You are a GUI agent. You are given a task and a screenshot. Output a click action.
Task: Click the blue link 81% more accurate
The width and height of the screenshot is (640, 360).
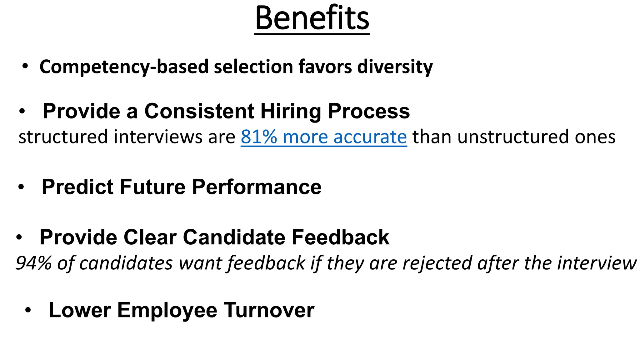tap(324, 137)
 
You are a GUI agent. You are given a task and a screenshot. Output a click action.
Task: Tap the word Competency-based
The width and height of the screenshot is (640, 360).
tap(124, 67)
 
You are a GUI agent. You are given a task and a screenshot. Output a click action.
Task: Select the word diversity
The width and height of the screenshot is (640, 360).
tap(395, 67)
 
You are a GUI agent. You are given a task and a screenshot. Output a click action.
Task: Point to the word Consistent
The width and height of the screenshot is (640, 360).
tap(199, 111)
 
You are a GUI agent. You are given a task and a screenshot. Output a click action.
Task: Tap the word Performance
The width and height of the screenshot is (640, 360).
tap(257, 187)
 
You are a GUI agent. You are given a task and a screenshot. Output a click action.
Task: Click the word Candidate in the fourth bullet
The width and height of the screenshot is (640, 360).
tap(234, 237)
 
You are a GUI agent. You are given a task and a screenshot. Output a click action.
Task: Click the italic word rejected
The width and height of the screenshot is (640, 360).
tap(437, 263)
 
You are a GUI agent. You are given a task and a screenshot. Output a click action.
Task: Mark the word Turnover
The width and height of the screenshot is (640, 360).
tap(269, 310)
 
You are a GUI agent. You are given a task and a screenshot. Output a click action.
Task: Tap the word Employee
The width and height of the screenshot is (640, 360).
tap(167, 311)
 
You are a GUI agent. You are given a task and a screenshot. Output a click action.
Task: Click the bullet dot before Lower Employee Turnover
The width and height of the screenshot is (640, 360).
tap(28, 310)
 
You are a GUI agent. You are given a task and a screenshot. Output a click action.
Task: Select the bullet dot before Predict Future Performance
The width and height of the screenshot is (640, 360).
tap(21, 187)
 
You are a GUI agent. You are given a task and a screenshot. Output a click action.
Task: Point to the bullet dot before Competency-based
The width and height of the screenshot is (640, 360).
tap(25, 66)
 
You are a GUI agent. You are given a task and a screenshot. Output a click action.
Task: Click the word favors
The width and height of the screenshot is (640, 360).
tap(325, 67)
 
